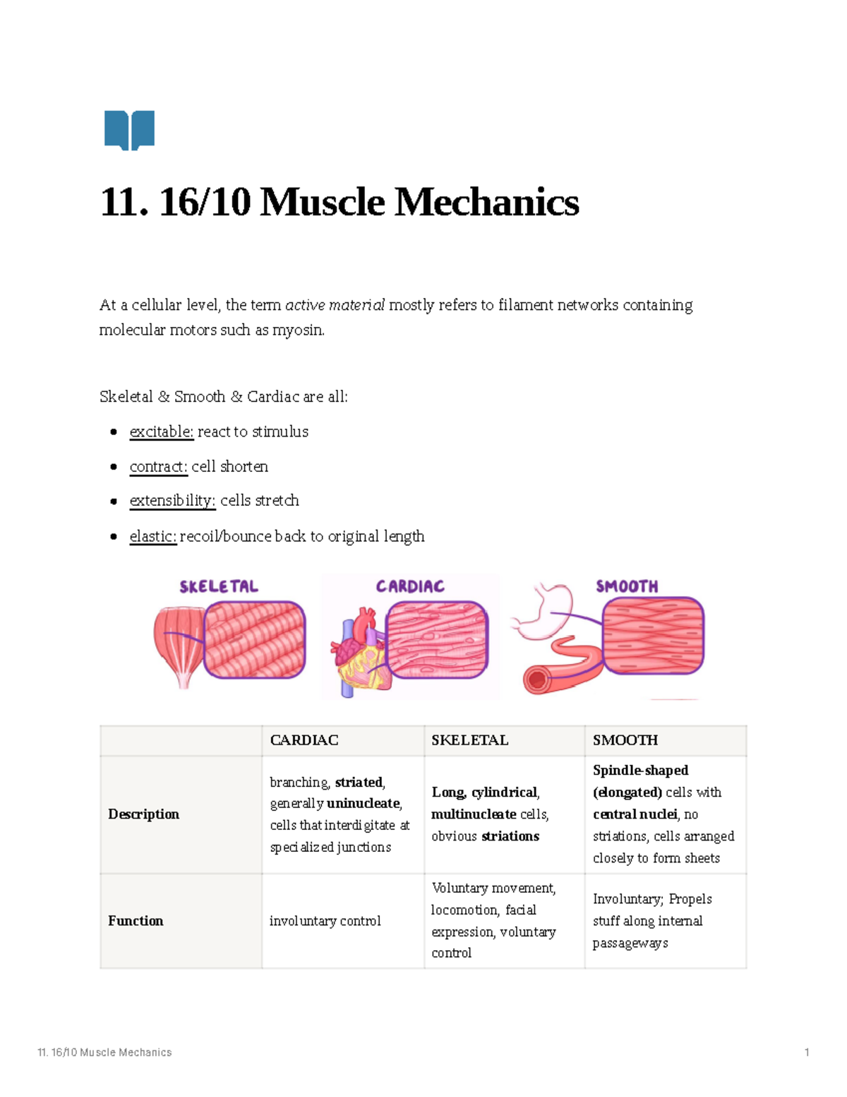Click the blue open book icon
[x=129, y=130]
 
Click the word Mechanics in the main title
[x=486, y=203]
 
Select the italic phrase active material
[x=335, y=305]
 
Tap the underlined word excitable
[x=161, y=432]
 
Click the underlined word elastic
[x=152, y=536]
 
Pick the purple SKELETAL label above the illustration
[x=219, y=586]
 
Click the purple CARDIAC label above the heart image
[x=410, y=586]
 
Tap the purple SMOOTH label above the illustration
[x=627, y=586]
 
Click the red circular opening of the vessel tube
[x=536, y=681]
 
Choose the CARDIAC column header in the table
[x=304, y=740]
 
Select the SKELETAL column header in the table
[x=469, y=740]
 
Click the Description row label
[x=143, y=814]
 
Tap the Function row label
[x=136, y=921]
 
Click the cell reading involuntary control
[x=325, y=921]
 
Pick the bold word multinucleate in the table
[x=474, y=814]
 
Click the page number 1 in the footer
[x=807, y=1052]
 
